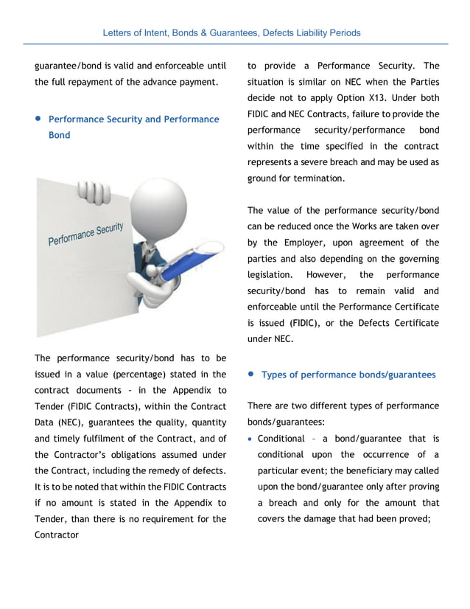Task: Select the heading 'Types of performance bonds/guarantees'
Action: coord(348,375)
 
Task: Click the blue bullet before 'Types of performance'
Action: coord(250,375)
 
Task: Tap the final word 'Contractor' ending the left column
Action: coord(56,535)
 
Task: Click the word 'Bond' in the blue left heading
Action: coord(59,135)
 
